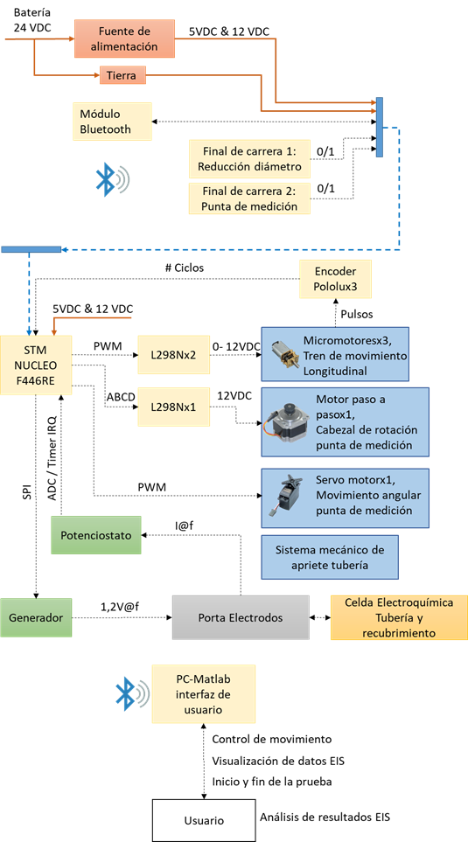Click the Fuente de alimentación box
(x=124, y=38)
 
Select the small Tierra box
(x=122, y=76)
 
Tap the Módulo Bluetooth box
(x=112, y=122)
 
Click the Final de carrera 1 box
(x=250, y=158)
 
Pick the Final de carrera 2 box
(x=250, y=198)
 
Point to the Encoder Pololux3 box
(x=336, y=278)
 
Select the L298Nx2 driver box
(x=173, y=355)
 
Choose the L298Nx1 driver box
(x=173, y=407)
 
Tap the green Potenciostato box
(x=96, y=535)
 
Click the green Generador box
(x=36, y=617)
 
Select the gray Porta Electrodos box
(x=241, y=617)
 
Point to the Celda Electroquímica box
(x=399, y=617)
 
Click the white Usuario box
(x=203, y=820)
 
